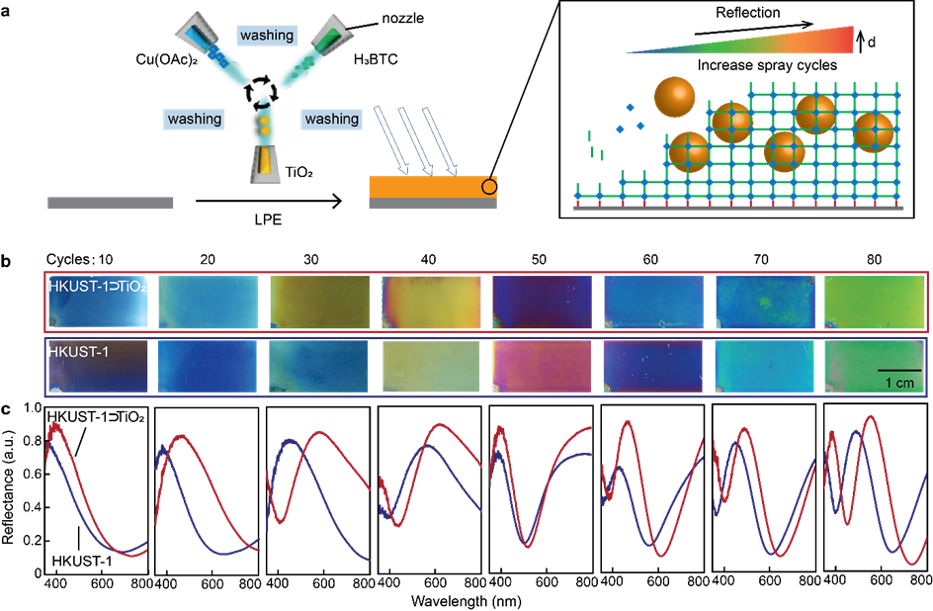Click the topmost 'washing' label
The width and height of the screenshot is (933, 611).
[267, 35]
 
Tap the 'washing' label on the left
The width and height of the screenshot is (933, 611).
[195, 119]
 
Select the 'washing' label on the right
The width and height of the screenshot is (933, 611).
[331, 119]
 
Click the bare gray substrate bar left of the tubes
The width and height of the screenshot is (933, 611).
[111, 203]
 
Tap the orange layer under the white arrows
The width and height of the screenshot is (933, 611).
[425, 186]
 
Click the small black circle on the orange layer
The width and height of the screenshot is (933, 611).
[488, 185]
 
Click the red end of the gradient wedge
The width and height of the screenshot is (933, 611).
[840, 40]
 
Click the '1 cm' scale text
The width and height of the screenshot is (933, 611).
[899, 383]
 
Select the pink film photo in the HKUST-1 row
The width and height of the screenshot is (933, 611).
[541, 367]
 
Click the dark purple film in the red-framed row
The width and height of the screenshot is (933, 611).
[542, 302]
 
